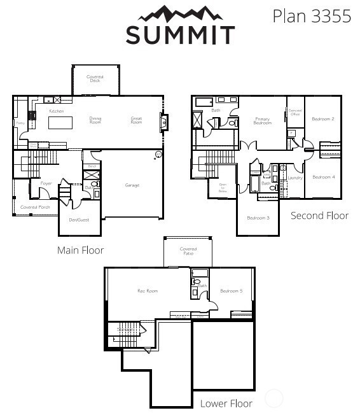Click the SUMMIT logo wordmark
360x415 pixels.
(180, 35)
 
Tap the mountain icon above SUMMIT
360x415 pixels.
(180, 13)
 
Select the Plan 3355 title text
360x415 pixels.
(312, 16)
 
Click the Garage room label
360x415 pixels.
(132, 185)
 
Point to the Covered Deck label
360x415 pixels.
(95, 78)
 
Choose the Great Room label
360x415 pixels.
(136, 120)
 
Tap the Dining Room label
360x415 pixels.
(95, 120)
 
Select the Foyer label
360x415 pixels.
(46, 183)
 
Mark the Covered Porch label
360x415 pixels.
(35, 207)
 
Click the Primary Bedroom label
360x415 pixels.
(263, 120)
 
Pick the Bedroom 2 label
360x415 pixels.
(323, 119)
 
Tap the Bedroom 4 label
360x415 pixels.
(323, 177)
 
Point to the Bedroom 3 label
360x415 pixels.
(258, 218)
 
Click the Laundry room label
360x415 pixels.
(294, 178)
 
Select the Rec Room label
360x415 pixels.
(148, 291)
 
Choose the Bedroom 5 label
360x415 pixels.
(231, 291)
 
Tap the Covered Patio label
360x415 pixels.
(188, 251)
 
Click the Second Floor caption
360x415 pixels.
(319, 216)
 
